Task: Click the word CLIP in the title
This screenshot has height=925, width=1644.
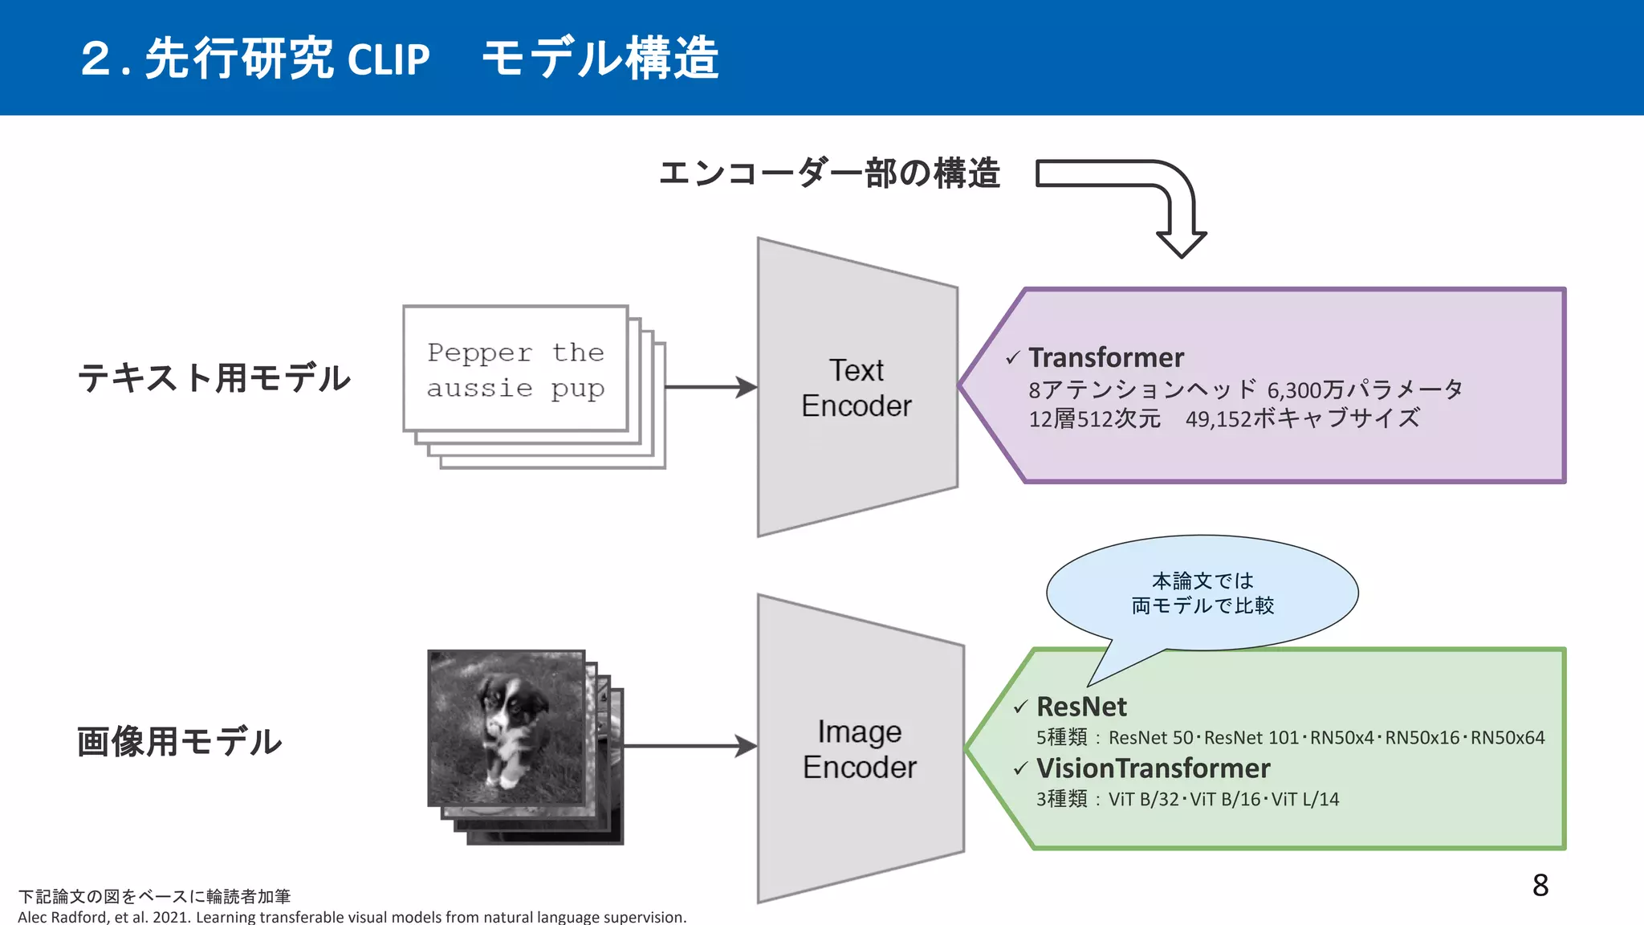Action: click(x=389, y=59)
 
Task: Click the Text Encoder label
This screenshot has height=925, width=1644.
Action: click(x=857, y=388)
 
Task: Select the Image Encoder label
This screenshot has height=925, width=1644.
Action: click(x=859, y=749)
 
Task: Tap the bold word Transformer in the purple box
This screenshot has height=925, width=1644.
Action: click(x=1106, y=357)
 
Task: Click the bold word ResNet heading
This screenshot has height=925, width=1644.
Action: click(x=1081, y=707)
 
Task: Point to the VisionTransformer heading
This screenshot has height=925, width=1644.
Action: click(x=1153, y=768)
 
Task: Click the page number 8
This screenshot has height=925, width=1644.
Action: click(x=1540, y=886)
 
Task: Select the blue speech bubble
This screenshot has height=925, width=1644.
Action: click(x=1202, y=593)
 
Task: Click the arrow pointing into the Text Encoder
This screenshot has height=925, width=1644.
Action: click(x=711, y=387)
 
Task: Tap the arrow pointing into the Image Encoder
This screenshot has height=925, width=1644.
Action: click(x=690, y=746)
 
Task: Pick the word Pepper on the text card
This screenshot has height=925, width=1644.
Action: click(x=479, y=352)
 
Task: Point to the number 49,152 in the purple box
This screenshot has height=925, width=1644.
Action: click(x=1217, y=419)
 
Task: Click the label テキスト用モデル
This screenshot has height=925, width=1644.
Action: click(x=214, y=377)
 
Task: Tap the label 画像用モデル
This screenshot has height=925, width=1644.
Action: click(x=180, y=741)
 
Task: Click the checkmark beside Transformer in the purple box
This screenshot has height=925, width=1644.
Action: click(x=1013, y=358)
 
